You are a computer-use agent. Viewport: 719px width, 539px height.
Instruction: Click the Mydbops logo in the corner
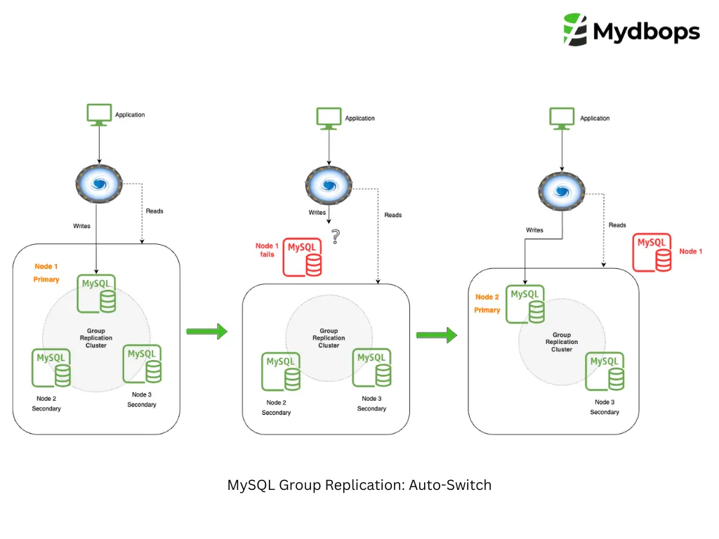631,30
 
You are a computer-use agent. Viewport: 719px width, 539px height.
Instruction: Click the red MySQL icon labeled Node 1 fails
303,257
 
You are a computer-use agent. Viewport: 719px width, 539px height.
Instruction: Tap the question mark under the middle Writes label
336,237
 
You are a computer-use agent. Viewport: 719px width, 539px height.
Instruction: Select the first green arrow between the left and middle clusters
207,331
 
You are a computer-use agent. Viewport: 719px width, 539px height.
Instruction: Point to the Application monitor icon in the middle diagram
329,119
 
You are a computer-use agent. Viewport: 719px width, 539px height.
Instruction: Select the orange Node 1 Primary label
46,273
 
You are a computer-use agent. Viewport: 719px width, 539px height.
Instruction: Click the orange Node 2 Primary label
487,303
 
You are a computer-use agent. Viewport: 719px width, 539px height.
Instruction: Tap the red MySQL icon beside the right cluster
652,253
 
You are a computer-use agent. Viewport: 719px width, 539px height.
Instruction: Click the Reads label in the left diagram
154,211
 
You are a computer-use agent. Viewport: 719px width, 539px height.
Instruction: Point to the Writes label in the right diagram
535,230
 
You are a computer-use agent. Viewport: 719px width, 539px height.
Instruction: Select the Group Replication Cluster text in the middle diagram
329,338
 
